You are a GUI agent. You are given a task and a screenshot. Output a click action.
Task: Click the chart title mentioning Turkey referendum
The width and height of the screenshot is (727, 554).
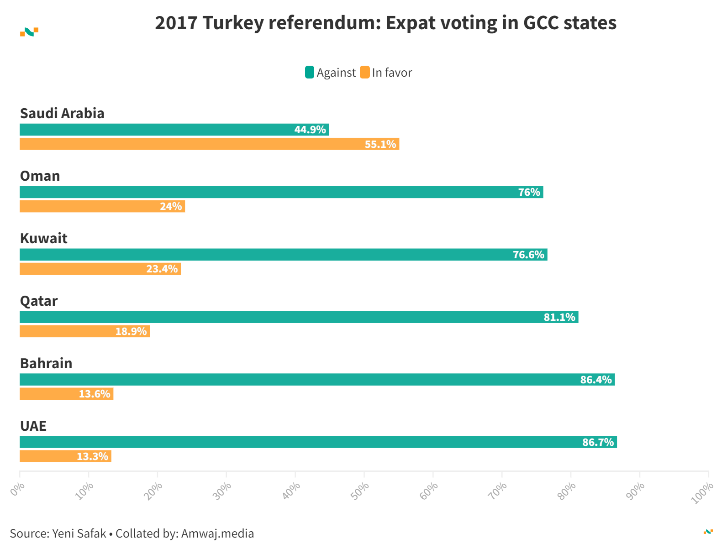click(385, 23)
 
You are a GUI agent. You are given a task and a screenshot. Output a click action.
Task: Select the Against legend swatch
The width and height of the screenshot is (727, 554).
click(310, 73)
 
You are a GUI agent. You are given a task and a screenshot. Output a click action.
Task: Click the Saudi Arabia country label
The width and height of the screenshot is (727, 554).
click(62, 113)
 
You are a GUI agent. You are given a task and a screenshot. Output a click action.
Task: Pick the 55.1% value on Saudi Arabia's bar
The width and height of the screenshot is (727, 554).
click(380, 144)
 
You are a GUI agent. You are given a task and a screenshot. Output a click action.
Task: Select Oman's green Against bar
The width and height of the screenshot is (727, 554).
click(274, 192)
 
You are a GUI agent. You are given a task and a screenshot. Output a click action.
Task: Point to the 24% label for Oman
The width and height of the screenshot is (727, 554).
click(171, 207)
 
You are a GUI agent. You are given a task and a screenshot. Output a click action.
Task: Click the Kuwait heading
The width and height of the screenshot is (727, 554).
click(44, 238)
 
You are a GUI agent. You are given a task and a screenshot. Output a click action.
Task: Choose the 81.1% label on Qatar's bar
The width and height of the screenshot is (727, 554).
click(559, 317)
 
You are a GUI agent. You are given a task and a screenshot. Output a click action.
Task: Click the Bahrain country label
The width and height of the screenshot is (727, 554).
click(46, 363)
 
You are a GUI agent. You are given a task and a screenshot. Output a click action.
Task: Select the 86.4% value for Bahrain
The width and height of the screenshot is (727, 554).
click(595, 380)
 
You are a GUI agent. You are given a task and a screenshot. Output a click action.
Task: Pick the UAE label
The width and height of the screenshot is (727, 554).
click(33, 426)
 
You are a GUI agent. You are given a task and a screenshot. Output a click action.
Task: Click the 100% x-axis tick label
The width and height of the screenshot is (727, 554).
click(702, 493)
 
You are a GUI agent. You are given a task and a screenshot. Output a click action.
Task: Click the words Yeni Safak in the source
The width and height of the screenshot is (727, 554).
click(79, 533)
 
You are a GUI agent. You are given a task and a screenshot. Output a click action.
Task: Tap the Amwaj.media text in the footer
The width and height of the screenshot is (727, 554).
click(217, 533)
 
